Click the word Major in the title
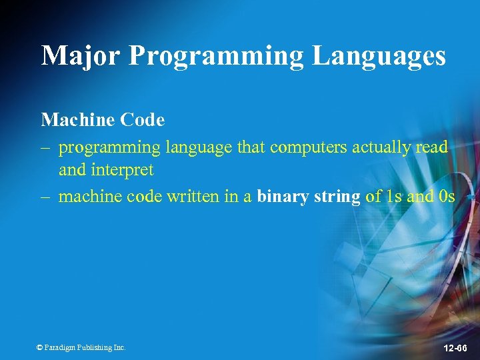coord(81,55)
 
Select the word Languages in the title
coord(379,57)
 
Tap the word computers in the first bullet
coord(309,147)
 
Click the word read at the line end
coord(431,147)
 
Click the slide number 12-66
coord(456,349)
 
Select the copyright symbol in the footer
coord(39,347)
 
